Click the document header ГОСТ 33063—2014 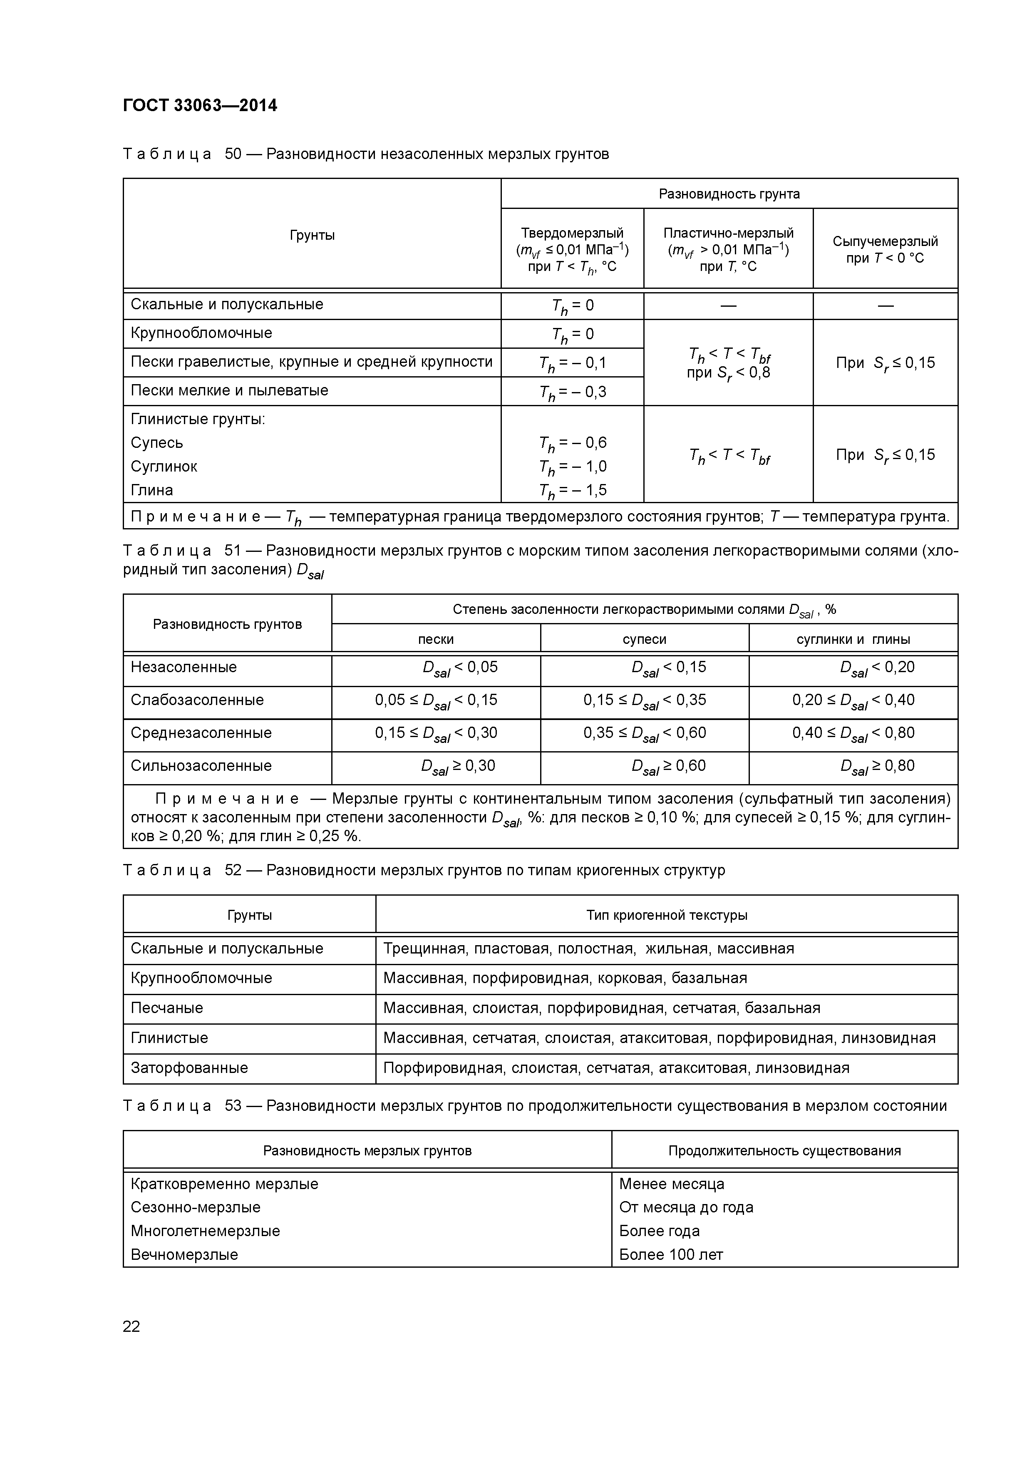point(200,106)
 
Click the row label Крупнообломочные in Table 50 point(201,333)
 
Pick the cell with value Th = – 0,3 point(572,392)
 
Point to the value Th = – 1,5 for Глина point(572,490)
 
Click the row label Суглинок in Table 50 point(164,467)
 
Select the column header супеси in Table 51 point(644,639)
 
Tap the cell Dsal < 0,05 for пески point(460,668)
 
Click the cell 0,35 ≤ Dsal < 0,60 point(644,733)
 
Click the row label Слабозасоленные point(197,700)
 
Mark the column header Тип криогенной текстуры point(666,915)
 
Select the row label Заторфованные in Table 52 point(189,1068)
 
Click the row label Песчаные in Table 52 point(166,1008)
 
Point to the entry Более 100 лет point(671,1254)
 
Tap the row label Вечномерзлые point(184,1254)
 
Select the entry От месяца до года point(686,1207)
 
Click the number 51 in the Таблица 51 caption point(233,551)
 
